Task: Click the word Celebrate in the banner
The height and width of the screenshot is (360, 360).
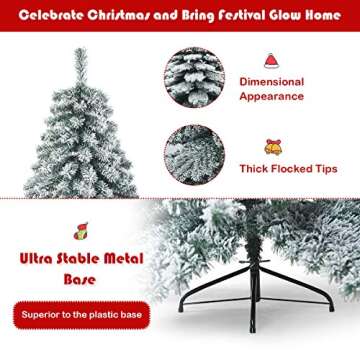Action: pos(49,17)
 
